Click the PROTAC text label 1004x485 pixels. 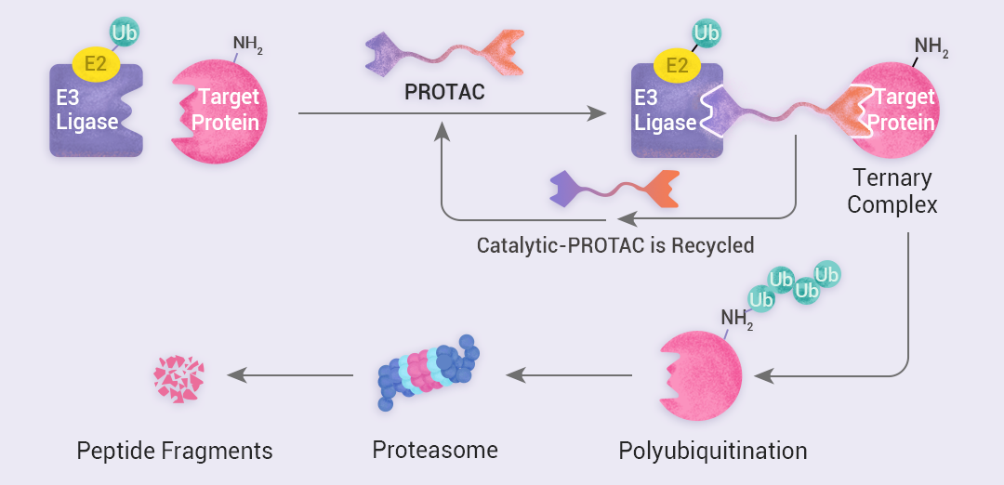click(x=444, y=93)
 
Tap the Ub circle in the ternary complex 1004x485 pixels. click(x=707, y=33)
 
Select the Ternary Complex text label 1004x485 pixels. click(x=892, y=190)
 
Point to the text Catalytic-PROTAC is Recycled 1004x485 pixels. click(x=614, y=246)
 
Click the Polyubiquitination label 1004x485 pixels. click(x=712, y=452)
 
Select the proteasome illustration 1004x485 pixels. click(x=429, y=373)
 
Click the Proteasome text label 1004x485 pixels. click(x=435, y=451)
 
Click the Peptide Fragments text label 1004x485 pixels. click(x=175, y=452)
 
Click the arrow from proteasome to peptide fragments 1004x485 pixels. click(x=290, y=375)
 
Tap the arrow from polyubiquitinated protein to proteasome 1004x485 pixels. click(x=569, y=375)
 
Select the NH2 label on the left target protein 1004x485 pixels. click(x=247, y=45)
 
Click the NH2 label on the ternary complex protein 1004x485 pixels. click(x=931, y=46)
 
